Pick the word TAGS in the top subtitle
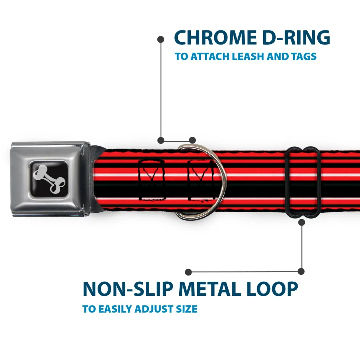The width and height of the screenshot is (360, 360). coord(304,57)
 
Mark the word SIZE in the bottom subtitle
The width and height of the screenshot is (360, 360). coord(186,309)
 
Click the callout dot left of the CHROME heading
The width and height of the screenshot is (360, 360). coord(161,39)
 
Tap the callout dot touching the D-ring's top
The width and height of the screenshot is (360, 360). coord(192,140)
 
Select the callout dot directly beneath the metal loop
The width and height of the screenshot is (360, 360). coord(301,222)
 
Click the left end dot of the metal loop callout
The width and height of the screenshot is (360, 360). coord(189,272)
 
